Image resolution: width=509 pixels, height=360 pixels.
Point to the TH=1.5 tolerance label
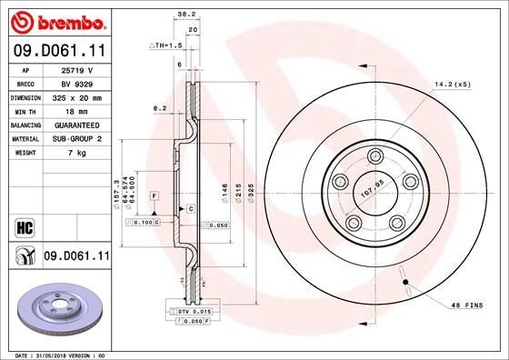pos(168,44)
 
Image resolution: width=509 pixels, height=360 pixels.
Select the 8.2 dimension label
pos(160,107)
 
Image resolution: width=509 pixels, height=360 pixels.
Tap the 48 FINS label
pos(466,306)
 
